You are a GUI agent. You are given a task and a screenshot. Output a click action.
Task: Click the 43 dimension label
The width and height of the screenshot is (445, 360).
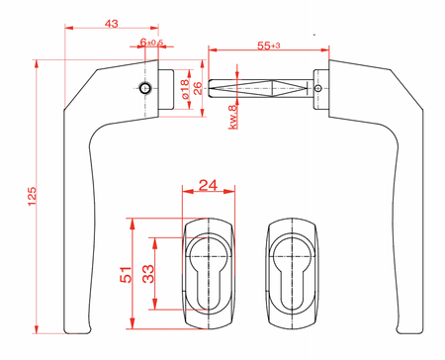[x=111, y=24]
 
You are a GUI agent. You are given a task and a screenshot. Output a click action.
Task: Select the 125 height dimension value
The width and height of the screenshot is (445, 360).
[x=32, y=197]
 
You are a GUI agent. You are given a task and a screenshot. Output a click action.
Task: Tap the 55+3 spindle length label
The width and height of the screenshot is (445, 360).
[x=269, y=45]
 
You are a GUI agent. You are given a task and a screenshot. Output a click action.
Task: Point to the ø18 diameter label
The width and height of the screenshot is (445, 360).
[x=185, y=89]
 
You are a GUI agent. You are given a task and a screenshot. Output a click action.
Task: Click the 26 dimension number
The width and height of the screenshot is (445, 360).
[x=197, y=88]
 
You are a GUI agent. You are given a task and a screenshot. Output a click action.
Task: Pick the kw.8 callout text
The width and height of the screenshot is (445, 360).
[x=232, y=117]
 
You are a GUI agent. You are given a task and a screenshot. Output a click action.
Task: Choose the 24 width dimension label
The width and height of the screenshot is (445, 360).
[x=208, y=185]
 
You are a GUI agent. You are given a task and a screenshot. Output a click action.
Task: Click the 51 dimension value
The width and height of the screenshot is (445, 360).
[x=126, y=274]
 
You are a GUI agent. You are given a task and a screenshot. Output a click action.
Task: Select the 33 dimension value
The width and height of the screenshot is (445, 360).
[x=148, y=274]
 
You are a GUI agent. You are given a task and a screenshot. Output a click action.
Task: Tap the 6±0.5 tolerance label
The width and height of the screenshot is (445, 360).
[x=151, y=43]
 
